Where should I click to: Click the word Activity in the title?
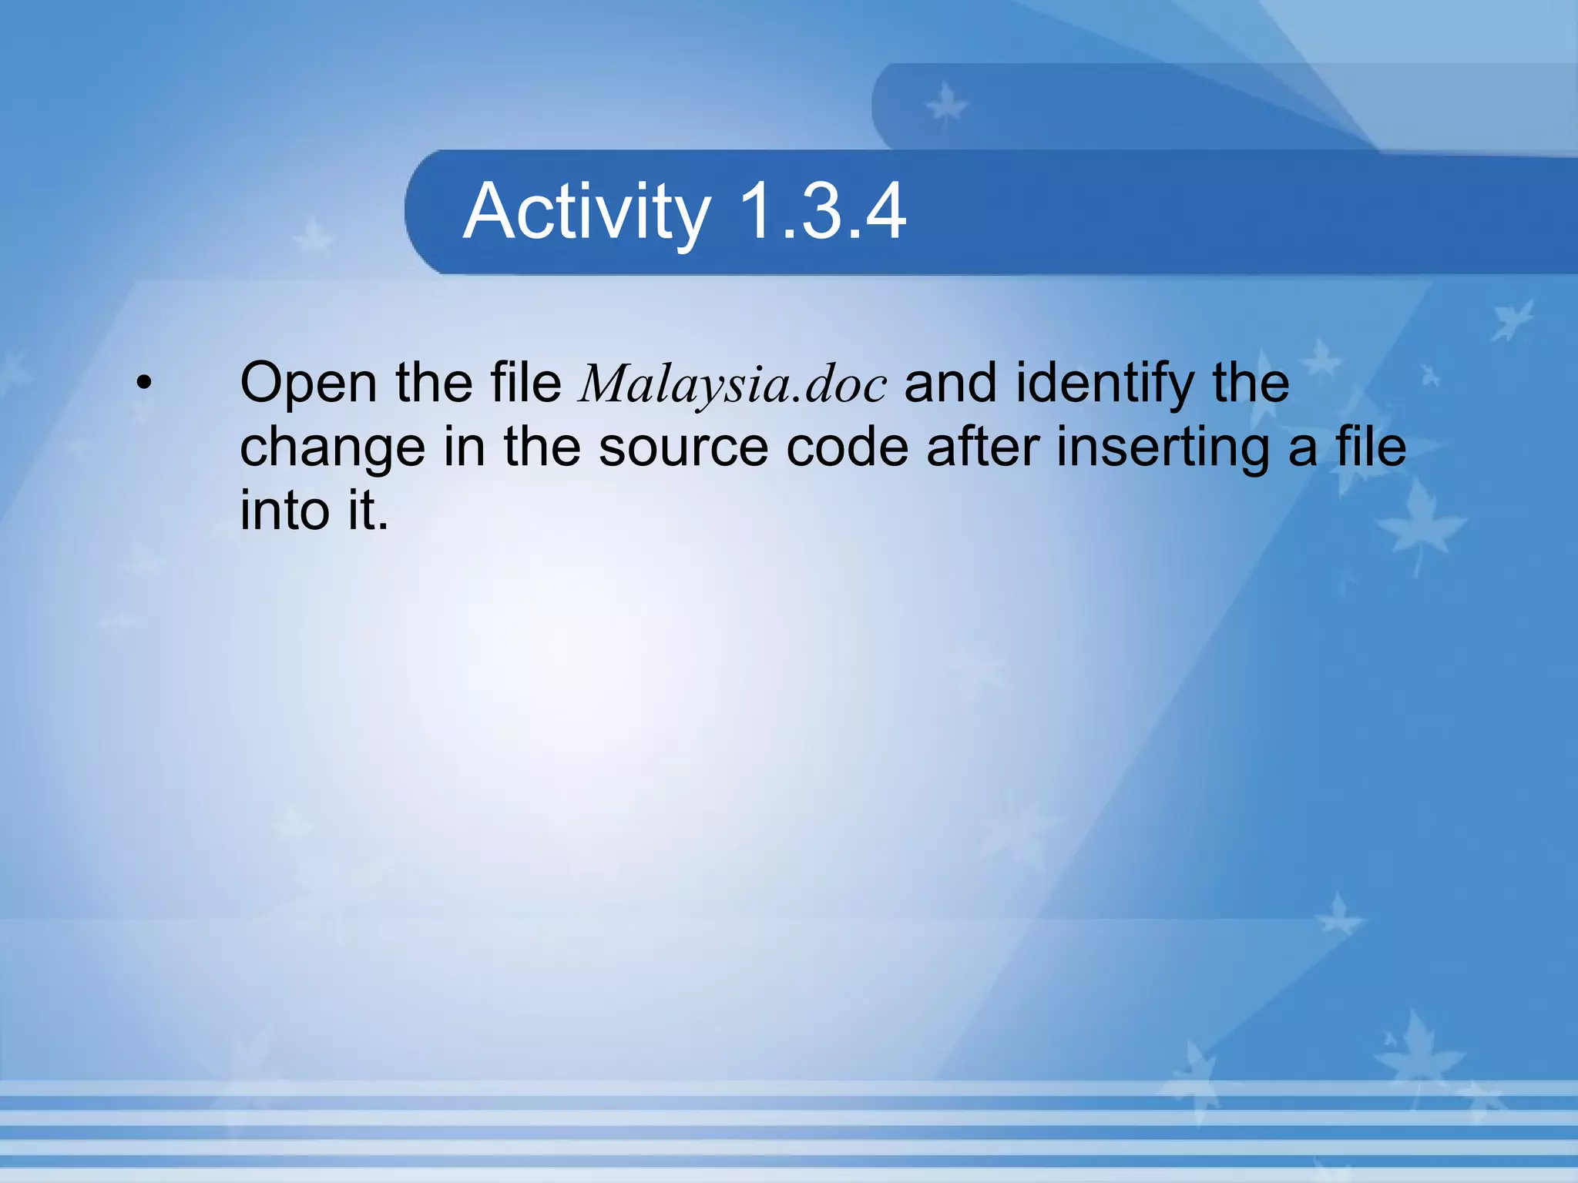pos(586,212)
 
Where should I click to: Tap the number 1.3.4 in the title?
pos(821,212)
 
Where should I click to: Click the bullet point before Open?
pos(143,383)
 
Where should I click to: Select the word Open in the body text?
pos(307,383)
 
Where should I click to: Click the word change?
pos(332,447)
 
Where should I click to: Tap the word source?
pos(683,447)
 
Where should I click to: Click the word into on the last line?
pos(284,511)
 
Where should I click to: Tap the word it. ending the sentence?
pos(368,511)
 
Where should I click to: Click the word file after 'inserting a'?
pos(1371,447)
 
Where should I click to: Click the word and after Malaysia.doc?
pos(950,383)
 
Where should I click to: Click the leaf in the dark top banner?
pos(946,106)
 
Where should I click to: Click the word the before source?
pos(542,447)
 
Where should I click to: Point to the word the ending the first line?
pos(1251,383)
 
